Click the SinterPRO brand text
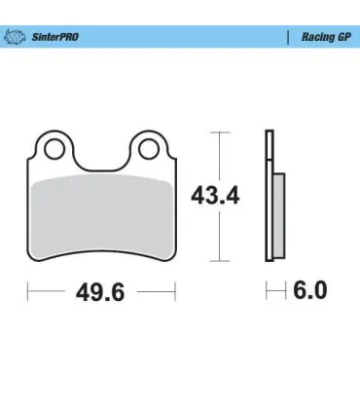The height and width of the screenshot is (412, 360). click(55, 37)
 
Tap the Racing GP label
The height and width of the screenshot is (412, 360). click(326, 37)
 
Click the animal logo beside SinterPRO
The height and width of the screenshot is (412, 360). click(15, 37)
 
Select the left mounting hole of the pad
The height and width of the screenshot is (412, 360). click(54, 149)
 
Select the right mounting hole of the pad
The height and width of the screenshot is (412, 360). click(148, 149)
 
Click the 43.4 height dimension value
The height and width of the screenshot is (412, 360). click(215, 196)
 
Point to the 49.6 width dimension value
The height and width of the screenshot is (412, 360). click(100, 292)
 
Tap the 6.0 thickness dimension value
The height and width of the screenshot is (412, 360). click(310, 290)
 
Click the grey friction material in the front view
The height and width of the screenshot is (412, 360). click(101, 216)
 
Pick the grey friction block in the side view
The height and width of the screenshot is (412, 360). click(279, 215)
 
